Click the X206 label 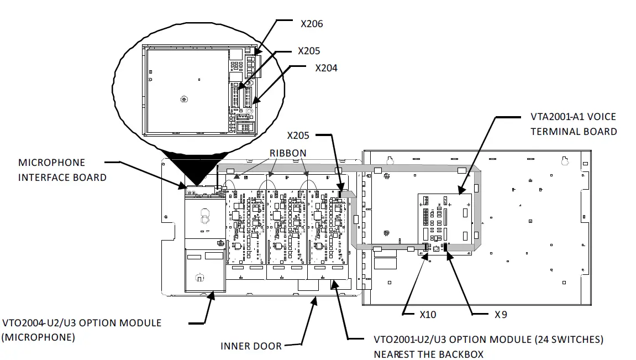(312, 24)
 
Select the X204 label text (326, 68)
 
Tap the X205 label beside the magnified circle (309, 51)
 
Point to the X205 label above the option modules (298, 135)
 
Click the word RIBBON (287, 153)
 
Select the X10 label (428, 315)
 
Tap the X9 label (501, 315)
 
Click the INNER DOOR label (251, 346)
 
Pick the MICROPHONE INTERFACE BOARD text (62, 170)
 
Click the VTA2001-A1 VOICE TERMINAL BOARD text (573, 124)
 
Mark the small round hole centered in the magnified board (184, 100)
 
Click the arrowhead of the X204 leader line (255, 102)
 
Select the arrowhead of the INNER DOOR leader (316, 300)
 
